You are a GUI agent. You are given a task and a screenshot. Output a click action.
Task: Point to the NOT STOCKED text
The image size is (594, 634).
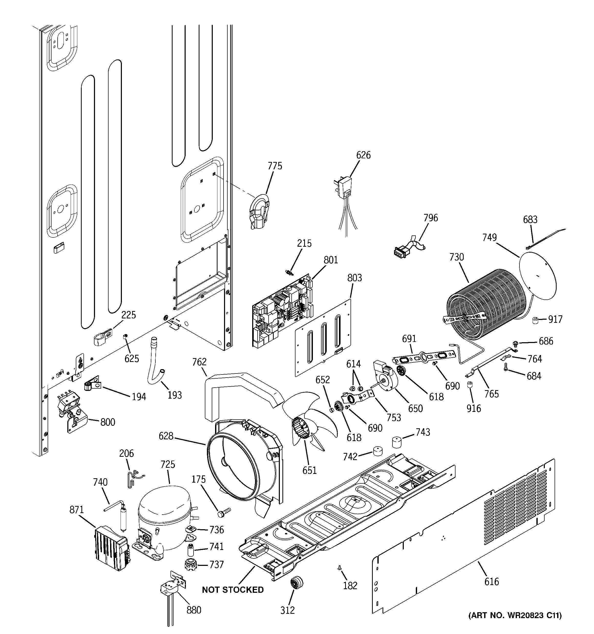tap(233, 590)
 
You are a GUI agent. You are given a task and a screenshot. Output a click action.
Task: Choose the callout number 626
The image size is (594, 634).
tap(363, 155)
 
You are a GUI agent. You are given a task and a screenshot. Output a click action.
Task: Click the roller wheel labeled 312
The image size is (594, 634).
tap(296, 582)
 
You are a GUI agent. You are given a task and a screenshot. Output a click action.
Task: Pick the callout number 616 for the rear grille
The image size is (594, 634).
tap(491, 581)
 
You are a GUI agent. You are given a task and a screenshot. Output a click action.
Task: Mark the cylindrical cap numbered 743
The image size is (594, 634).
tap(396, 442)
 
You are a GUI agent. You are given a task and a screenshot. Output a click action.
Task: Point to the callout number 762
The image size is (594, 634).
tap(199, 362)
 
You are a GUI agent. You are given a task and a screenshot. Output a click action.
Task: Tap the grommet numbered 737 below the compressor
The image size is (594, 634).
tap(190, 565)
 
